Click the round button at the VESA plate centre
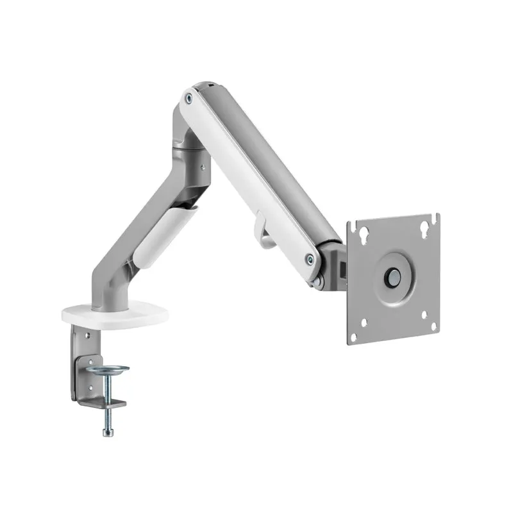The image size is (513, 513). tap(392, 278)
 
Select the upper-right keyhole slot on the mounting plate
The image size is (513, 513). tap(424, 228)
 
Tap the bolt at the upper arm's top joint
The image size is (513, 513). tap(189, 98)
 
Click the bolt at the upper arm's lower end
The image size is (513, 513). tap(310, 259)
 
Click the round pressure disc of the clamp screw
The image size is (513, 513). tap(107, 370)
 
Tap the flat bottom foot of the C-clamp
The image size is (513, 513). tap(103, 403)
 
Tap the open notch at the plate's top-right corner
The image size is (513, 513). tap(436, 218)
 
